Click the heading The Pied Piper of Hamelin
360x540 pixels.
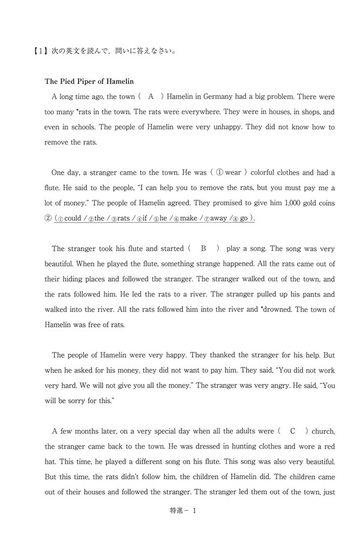[x=89, y=81]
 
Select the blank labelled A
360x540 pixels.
[x=151, y=96]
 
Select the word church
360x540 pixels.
[x=325, y=431]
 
